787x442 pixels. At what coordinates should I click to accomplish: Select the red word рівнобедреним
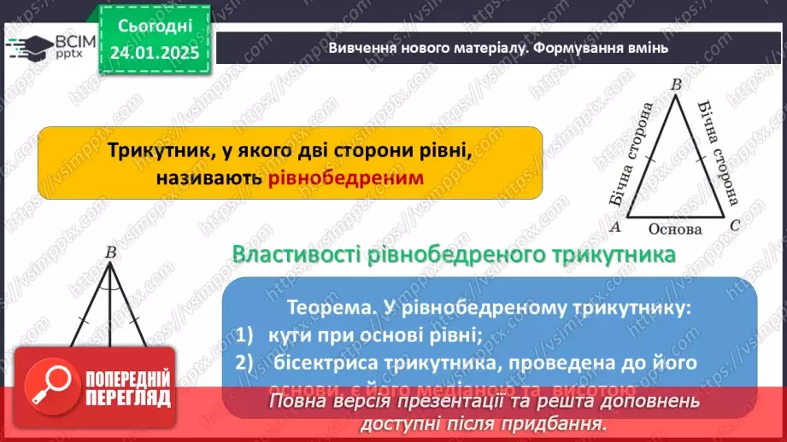(345, 177)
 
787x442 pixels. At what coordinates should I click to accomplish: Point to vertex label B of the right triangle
(676, 84)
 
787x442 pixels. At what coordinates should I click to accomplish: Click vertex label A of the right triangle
(613, 228)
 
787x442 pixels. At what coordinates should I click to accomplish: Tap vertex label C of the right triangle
(734, 227)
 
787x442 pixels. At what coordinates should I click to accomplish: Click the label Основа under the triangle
(674, 229)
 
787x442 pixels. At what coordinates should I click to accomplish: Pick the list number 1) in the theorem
(246, 334)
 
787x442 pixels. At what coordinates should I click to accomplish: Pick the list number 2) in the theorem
(246, 363)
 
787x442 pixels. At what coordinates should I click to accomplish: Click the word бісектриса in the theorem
(327, 363)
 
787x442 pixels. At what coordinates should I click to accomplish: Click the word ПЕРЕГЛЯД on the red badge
(129, 398)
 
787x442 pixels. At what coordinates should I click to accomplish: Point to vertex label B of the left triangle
(110, 252)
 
